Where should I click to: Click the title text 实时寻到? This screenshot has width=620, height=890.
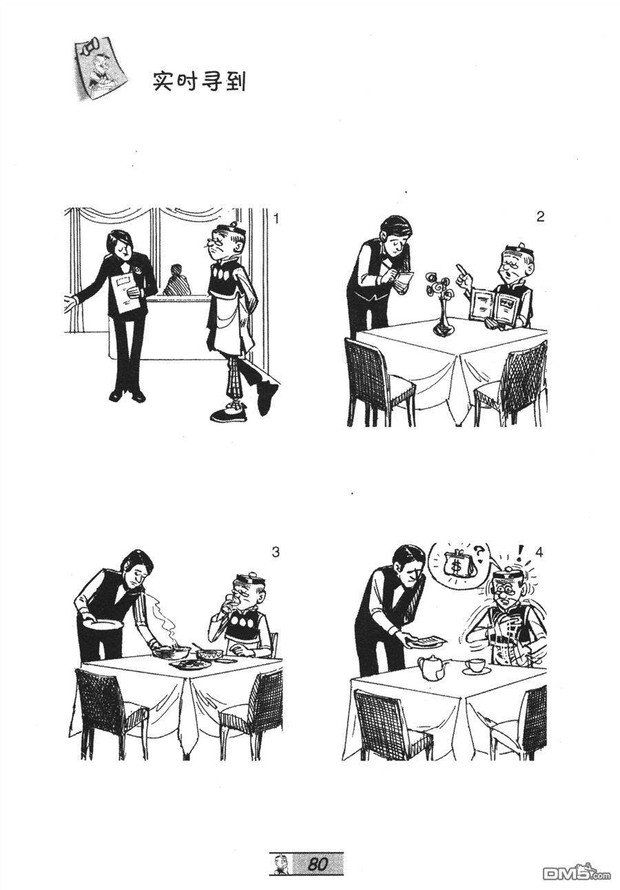pos(199,81)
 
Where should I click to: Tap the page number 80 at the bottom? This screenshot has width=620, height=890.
pos(318,864)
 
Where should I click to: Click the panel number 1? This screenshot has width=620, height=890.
pos(276,219)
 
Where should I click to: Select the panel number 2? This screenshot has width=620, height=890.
pos(540,216)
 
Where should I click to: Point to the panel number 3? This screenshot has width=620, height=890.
pos(276,552)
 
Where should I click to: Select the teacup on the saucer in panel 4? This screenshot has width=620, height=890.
pos(475,666)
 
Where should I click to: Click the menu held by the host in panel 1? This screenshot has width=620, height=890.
pos(125,292)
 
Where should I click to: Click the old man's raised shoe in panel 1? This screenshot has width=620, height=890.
pos(267,396)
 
